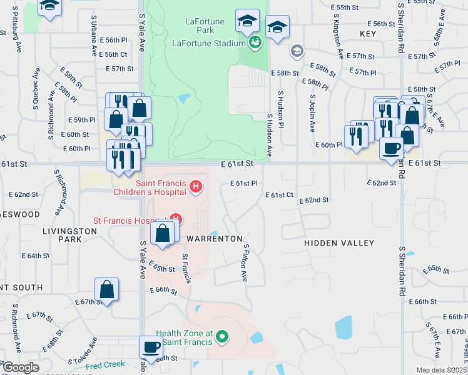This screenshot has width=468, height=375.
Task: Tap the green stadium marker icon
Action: [x=255, y=42]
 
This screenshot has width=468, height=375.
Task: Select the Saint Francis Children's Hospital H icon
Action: [x=196, y=186]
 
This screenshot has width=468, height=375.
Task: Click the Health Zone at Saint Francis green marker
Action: [x=221, y=338]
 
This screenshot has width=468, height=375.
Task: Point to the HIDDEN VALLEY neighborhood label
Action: [x=339, y=243]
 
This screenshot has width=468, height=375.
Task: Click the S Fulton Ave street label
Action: [x=246, y=262]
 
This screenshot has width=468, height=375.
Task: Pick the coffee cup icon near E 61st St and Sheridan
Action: [x=392, y=149]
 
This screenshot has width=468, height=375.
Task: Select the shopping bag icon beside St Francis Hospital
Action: [x=162, y=234]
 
